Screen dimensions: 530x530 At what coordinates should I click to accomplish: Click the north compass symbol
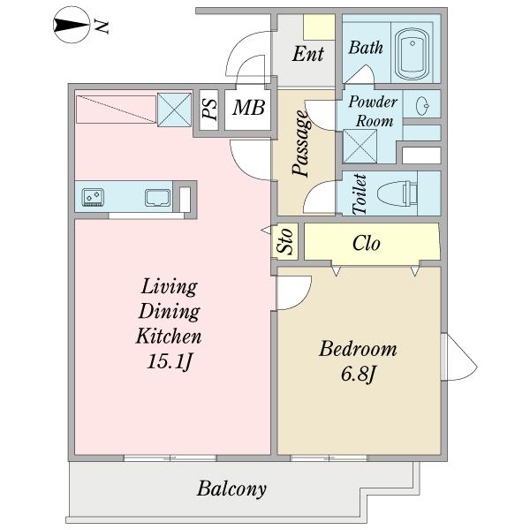pos(72,26)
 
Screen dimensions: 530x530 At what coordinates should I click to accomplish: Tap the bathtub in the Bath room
pos(412,53)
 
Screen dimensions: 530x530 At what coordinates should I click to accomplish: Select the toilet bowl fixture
pos(397,193)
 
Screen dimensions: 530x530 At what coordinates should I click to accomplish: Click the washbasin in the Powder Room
pos(422,105)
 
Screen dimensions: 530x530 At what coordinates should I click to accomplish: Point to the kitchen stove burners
pos(93,197)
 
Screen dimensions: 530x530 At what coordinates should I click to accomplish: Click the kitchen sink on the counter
pos(157,197)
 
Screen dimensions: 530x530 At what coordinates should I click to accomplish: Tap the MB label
pos(248,108)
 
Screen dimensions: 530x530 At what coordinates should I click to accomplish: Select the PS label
pos(209,109)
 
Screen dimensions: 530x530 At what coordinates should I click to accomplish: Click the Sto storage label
pos(284,241)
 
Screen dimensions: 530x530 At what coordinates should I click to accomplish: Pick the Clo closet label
pos(367,243)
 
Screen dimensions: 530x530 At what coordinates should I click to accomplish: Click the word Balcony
pos(231,488)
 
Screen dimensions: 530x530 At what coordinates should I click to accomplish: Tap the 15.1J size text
pos(170,362)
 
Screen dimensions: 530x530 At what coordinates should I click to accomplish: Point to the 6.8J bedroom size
pos(359,374)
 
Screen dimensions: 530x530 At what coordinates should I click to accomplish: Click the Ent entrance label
pos(308,54)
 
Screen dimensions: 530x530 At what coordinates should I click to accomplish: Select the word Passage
pos(301,143)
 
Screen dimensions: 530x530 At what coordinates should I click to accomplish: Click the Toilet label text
pos(360,194)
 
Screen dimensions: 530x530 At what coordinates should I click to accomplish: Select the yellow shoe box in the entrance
pos(319,27)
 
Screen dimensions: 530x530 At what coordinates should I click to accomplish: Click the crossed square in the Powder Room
pos(360,147)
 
